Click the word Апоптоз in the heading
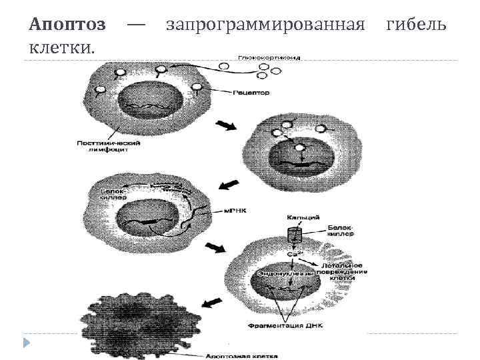click(67, 25)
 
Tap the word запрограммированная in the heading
click(265, 25)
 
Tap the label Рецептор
click(251, 93)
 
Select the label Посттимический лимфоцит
click(104, 146)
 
